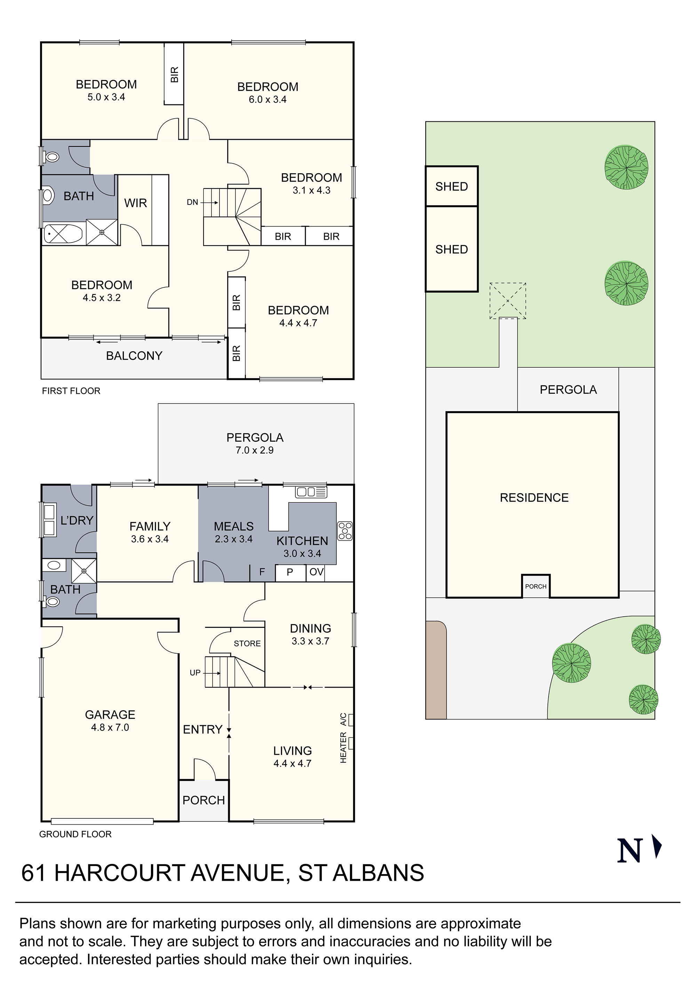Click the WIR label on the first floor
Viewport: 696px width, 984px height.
pos(135,203)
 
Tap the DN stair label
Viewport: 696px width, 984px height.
pos(192,202)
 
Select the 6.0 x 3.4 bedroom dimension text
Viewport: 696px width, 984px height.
pos(267,99)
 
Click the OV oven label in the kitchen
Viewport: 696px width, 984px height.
pos(316,572)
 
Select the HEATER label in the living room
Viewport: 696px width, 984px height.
pos(343,747)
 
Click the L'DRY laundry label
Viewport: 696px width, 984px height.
pos(77,520)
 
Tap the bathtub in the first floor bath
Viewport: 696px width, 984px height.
pos(63,234)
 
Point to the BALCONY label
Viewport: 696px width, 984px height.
pos(134,356)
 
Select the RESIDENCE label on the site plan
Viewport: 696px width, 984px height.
pos(534,498)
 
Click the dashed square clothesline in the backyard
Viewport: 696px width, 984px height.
pos(507,301)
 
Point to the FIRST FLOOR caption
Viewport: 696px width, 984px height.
pos(71,391)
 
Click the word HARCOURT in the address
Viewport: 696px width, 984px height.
pos(119,873)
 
